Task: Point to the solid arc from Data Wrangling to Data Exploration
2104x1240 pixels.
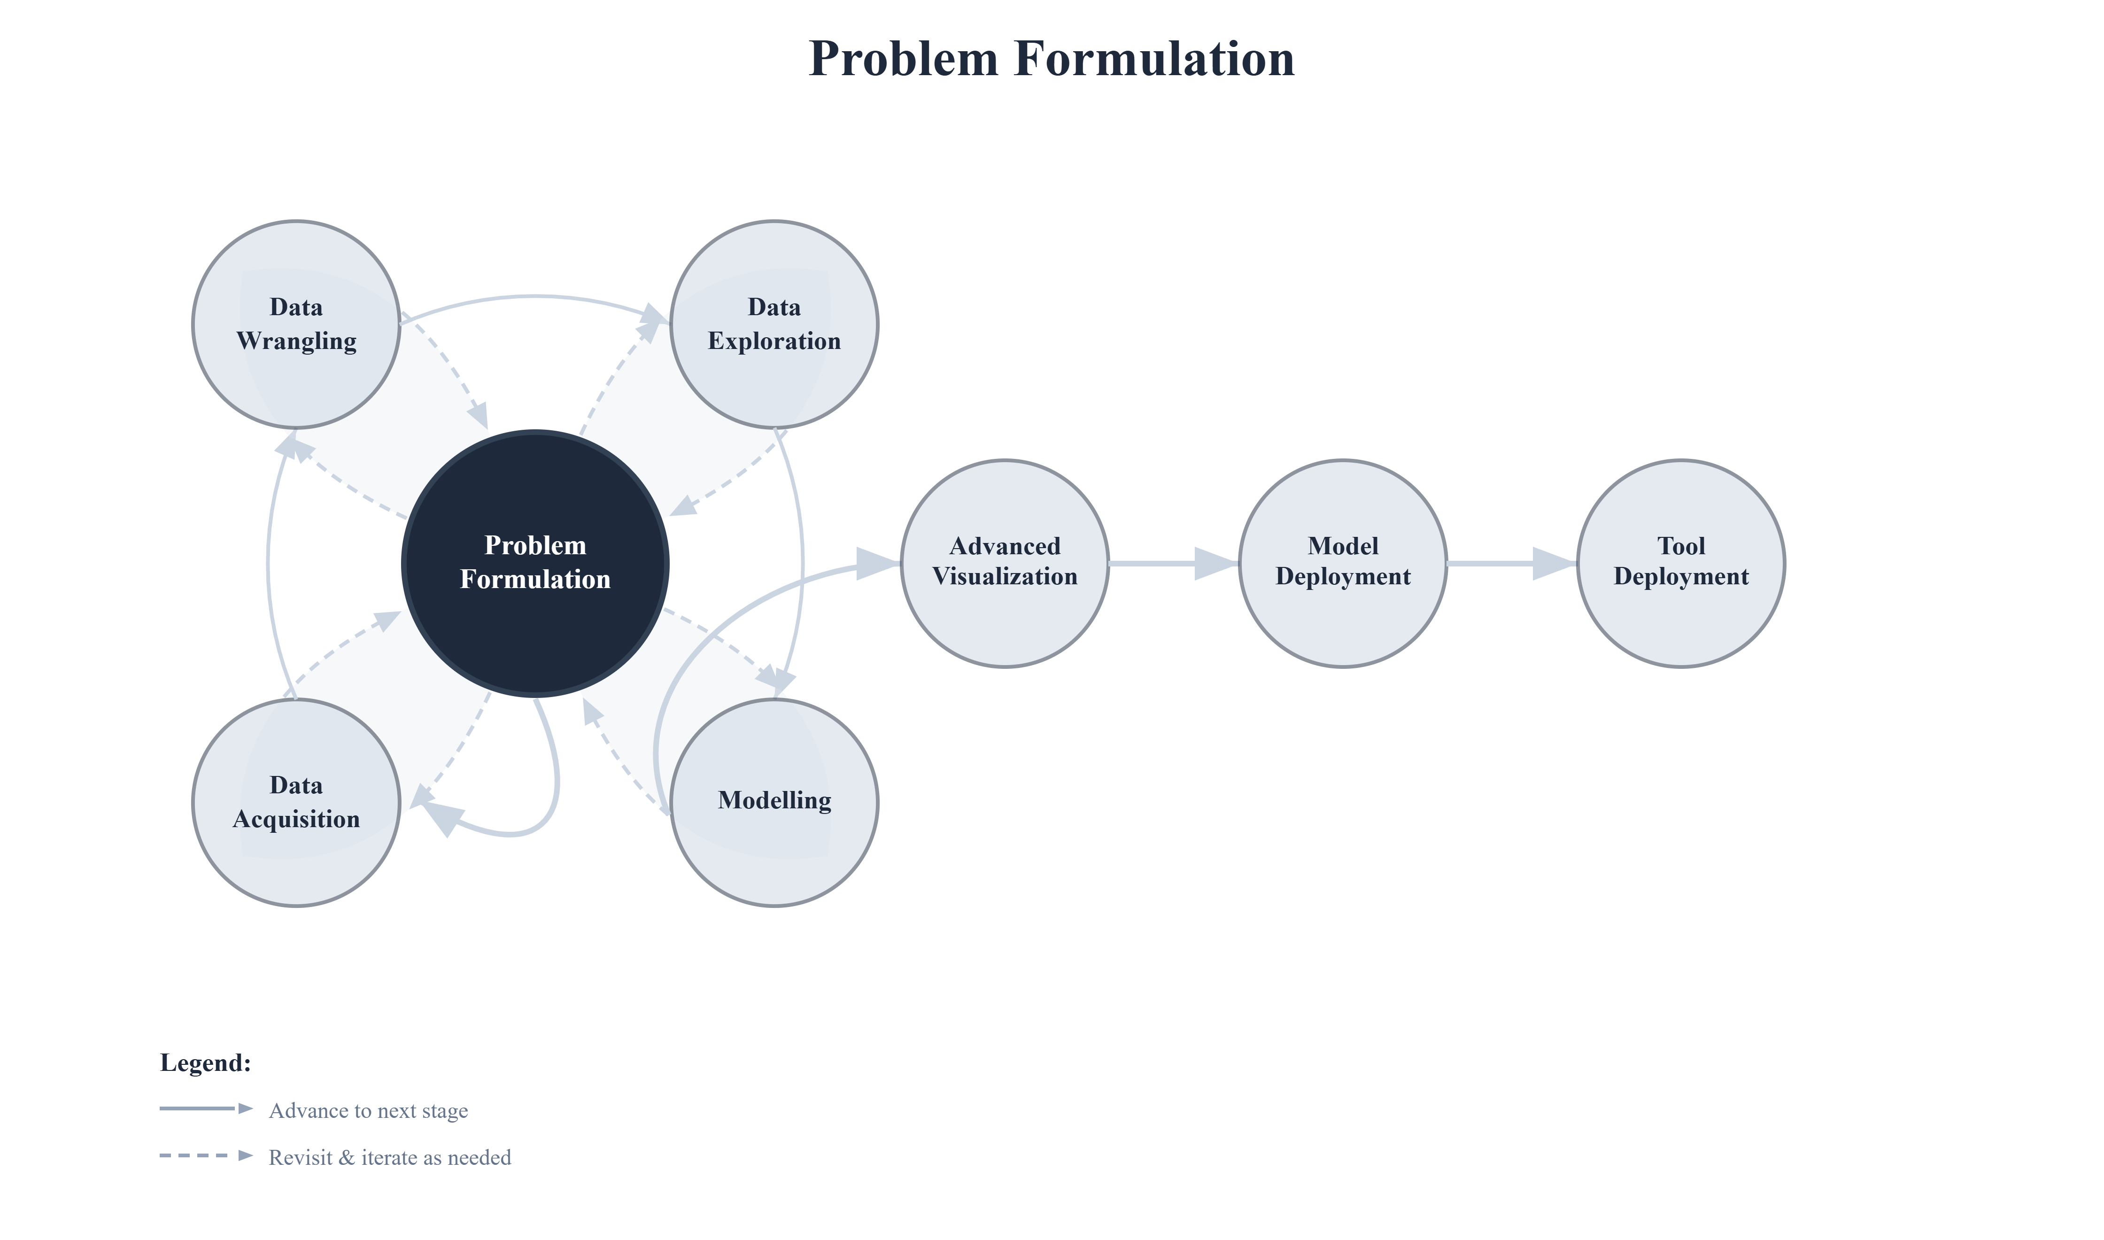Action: click(x=534, y=296)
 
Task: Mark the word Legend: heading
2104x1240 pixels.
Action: click(x=206, y=1063)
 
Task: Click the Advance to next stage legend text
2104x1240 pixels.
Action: click(x=368, y=1110)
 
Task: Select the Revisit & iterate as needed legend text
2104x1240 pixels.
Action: click(x=389, y=1157)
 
